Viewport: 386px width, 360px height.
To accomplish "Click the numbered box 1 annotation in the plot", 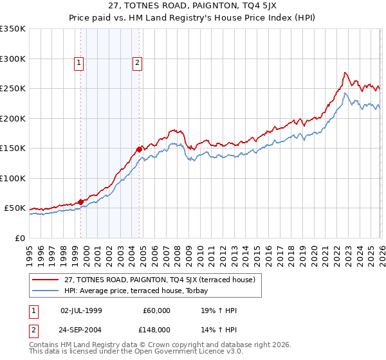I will click(78, 62).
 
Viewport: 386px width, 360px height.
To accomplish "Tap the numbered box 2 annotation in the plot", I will click(138, 62).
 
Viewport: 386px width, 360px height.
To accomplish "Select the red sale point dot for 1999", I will click(81, 202).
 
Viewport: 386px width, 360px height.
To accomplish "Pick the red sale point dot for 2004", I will click(140, 149).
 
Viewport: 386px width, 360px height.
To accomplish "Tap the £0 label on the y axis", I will click(19, 238).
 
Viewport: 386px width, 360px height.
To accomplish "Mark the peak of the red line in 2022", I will click(345, 73).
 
